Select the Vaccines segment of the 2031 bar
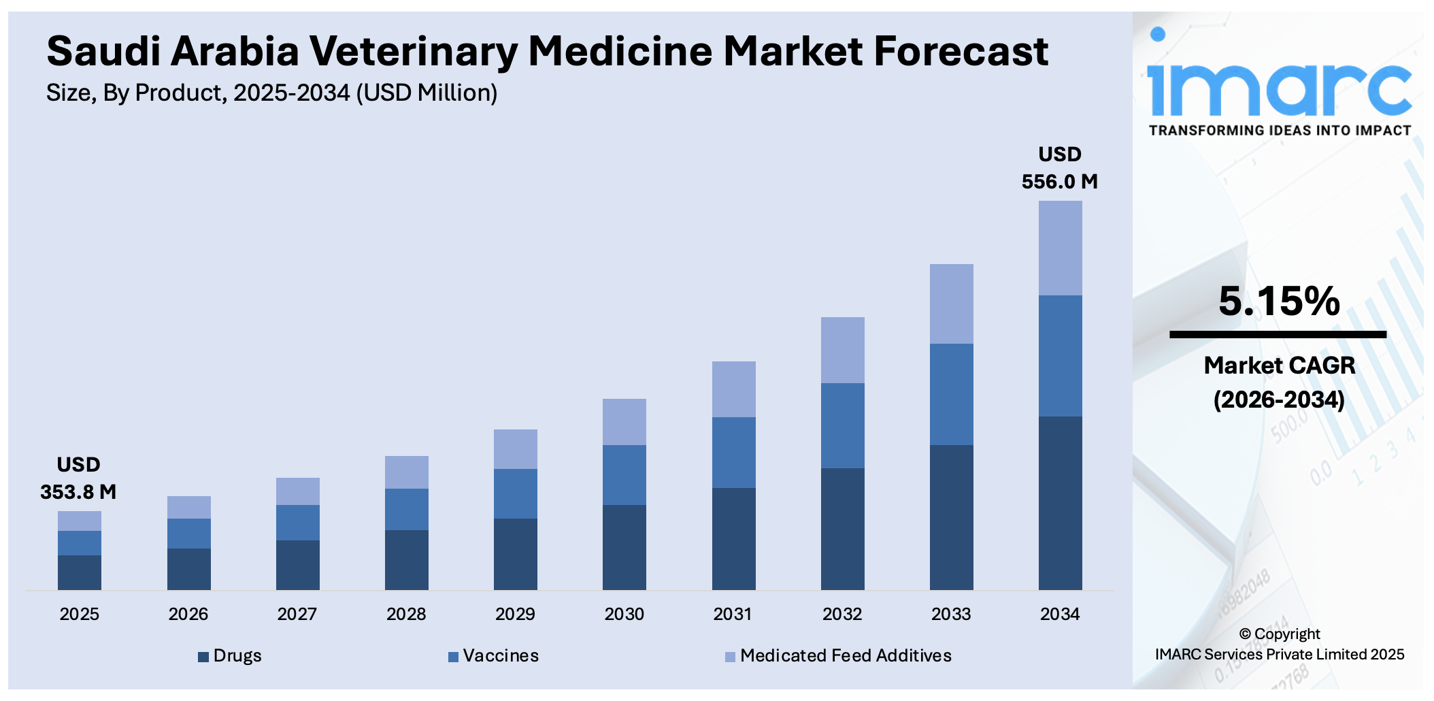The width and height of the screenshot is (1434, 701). [733, 452]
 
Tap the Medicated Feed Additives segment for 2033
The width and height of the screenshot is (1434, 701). [951, 304]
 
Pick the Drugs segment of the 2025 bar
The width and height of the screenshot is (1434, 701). [80, 572]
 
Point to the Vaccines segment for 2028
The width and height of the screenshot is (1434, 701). [406, 509]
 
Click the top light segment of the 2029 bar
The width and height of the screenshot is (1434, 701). [515, 449]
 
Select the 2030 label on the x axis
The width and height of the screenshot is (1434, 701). [624, 614]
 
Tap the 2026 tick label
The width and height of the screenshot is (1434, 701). [188, 614]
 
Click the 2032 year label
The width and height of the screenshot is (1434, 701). [842, 614]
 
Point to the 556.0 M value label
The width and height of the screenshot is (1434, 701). [1059, 181]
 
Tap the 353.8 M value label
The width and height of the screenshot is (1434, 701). [78, 491]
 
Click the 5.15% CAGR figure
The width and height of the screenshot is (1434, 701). [1279, 301]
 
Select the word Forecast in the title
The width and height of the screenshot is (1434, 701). [961, 52]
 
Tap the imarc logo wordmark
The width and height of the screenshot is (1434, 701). [1279, 88]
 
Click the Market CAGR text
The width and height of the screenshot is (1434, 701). [1279, 365]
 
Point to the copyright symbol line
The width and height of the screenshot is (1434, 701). [1279, 634]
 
